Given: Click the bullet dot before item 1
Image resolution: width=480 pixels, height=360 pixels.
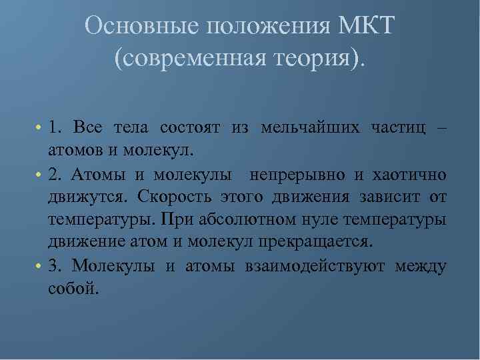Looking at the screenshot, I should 39,127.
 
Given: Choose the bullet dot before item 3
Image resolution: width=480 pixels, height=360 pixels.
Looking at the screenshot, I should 39,267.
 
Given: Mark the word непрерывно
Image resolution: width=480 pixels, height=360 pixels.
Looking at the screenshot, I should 297,175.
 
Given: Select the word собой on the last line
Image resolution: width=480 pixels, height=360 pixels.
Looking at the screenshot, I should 73,289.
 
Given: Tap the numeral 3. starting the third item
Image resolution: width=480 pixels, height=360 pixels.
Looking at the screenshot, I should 55,266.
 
